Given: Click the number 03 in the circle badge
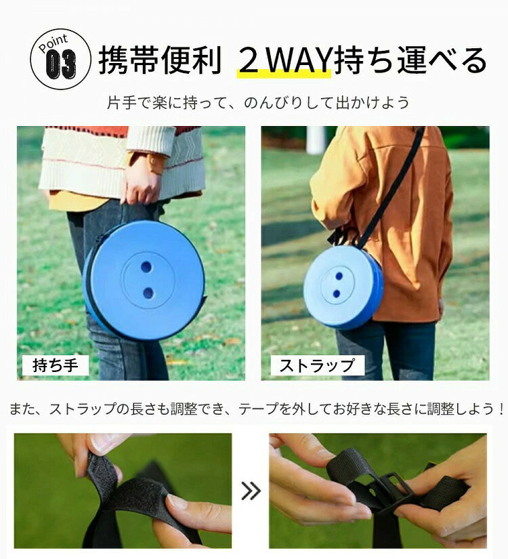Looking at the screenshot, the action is pos(60,64).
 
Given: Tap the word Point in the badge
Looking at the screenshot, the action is pos(53,43).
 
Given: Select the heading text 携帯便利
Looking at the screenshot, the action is pos(160,60).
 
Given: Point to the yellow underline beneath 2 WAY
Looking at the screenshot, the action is pos(284,73).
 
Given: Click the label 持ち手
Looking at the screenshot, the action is pos(56,365).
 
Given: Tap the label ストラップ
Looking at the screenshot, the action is pos(317,365).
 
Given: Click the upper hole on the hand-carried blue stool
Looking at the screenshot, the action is pos(146,267).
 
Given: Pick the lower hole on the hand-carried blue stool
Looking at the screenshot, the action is pos(148,293).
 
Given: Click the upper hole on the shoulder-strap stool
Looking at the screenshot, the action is pos(339,276).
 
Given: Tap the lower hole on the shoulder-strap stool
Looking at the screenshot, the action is pos(337,294).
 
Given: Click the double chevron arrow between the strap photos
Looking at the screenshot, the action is pos(251,491).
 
